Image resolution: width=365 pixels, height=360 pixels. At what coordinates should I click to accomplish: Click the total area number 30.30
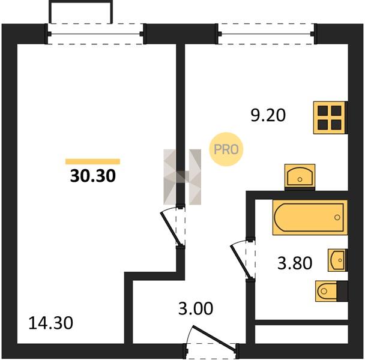point(93,176)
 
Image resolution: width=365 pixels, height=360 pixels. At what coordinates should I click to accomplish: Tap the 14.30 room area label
point(51,323)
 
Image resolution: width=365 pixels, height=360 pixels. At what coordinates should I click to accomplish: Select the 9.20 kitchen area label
point(268,115)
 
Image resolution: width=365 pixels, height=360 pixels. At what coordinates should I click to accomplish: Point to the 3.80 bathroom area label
point(295,263)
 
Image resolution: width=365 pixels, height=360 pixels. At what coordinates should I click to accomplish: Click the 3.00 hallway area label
point(196,308)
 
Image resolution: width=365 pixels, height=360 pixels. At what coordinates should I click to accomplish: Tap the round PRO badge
point(226,149)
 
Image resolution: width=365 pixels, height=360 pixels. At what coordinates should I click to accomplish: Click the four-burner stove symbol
point(330,118)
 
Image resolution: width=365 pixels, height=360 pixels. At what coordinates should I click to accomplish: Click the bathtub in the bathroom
point(310,217)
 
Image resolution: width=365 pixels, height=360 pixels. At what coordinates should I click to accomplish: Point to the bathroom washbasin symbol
point(337,260)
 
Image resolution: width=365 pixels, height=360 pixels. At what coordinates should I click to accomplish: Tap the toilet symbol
point(328,291)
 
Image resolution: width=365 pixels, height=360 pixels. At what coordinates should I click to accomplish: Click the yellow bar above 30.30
point(92,161)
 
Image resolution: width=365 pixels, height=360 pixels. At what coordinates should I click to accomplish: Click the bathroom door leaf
point(241,262)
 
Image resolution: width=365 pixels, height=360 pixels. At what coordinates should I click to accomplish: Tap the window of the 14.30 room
point(95,34)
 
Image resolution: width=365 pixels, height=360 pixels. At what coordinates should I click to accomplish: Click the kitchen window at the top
point(267,34)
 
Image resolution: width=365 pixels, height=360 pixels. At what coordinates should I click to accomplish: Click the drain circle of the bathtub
point(337,218)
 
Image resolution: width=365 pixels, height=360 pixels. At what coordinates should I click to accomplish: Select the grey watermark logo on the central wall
point(182,177)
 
